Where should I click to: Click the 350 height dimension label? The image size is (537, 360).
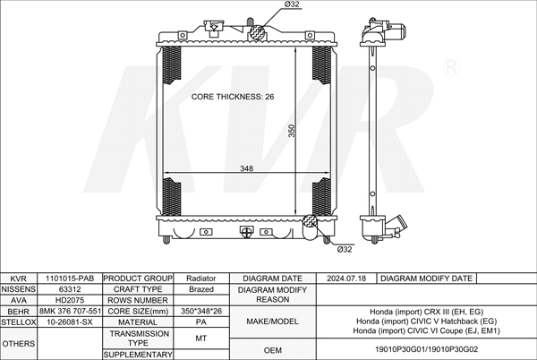pyautogui.click(x=292, y=131)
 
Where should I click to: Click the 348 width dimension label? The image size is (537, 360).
pyautogui.click(x=247, y=168)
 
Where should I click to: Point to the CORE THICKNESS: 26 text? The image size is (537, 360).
pyautogui.click(x=233, y=97)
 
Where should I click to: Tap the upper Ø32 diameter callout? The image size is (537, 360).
pyautogui.click(x=292, y=4)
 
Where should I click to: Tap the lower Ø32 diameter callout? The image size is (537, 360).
pyautogui.click(x=345, y=249)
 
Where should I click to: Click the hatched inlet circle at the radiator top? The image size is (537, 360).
pyautogui.click(x=257, y=33)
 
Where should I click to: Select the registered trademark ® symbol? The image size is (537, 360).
pyautogui.click(x=451, y=67)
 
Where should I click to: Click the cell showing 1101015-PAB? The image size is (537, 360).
pyautogui.click(x=70, y=279)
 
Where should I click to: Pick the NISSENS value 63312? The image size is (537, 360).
pyautogui.click(x=70, y=289)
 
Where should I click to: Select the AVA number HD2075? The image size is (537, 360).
pyautogui.click(x=70, y=300)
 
